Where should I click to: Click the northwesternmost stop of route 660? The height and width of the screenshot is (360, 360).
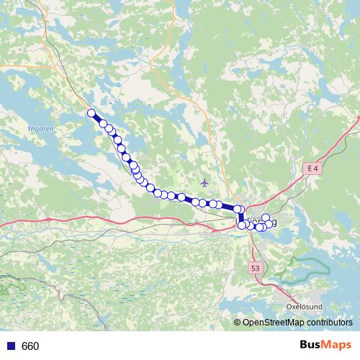click(91, 112)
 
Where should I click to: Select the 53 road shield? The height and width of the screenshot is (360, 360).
click(256, 268)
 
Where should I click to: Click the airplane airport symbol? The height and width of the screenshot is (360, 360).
click(204, 182)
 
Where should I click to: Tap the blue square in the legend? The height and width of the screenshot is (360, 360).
click(10, 346)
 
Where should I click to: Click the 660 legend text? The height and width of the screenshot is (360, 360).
click(30, 346)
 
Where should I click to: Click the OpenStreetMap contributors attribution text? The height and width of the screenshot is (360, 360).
click(297, 322)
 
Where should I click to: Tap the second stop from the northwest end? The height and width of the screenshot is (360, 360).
click(104, 125)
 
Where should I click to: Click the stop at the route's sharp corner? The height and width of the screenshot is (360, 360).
click(237, 209)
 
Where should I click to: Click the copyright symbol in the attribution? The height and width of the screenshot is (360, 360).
click(238, 322)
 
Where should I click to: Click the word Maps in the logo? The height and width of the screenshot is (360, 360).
click(337, 346)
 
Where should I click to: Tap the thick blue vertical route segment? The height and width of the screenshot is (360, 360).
click(239, 217)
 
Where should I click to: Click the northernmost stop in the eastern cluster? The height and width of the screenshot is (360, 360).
click(266, 217)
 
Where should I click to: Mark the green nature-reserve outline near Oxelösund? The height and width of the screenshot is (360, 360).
click(302, 270)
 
